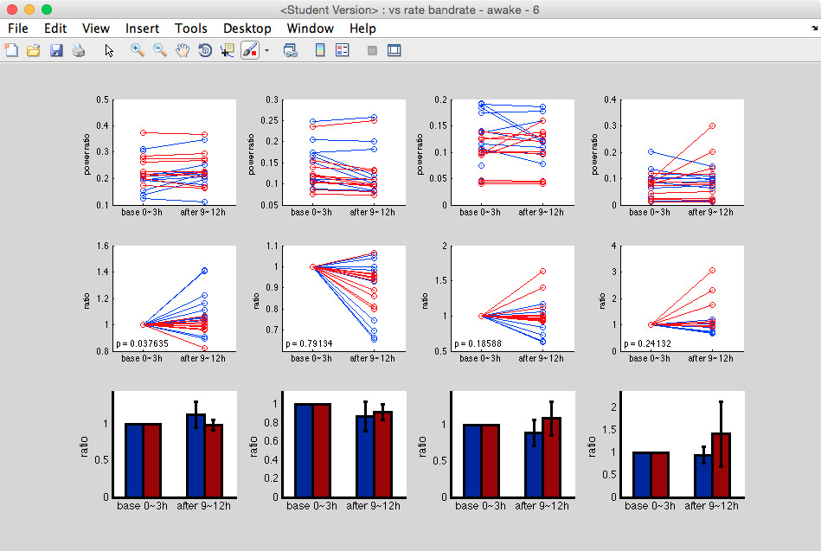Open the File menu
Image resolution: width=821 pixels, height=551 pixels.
pyautogui.click(x=17, y=29)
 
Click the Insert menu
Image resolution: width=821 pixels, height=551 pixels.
pyautogui.click(x=142, y=29)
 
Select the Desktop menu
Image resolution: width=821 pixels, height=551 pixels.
pyautogui.click(x=247, y=29)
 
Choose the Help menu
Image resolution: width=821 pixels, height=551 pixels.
pyautogui.click(x=362, y=29)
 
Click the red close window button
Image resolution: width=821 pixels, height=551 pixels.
pyautogui.click(x=12, y=10)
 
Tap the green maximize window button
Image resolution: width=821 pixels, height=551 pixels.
pyautogui.click(x=47, y=10)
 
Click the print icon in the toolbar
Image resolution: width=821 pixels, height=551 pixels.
pyautogui.click(x=79, y=51)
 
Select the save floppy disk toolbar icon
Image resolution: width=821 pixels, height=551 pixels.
pyautogui.click(x=56, y=51)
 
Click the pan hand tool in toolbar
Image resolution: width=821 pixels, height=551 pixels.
pyautogui.click(x=183, y=51)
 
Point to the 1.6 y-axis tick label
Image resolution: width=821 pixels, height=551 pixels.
pyautogui.click(x=104, y=247)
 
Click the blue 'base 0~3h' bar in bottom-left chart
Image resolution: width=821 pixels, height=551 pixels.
pyautogui.click(x=134, y=460)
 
